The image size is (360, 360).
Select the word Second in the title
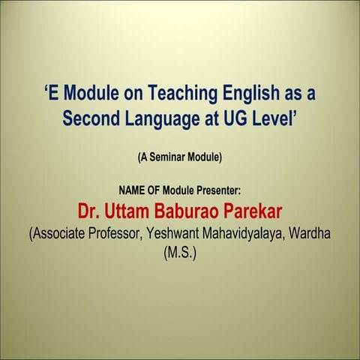(x=91, y=118)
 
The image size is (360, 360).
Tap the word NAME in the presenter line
(x=133, y=190)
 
